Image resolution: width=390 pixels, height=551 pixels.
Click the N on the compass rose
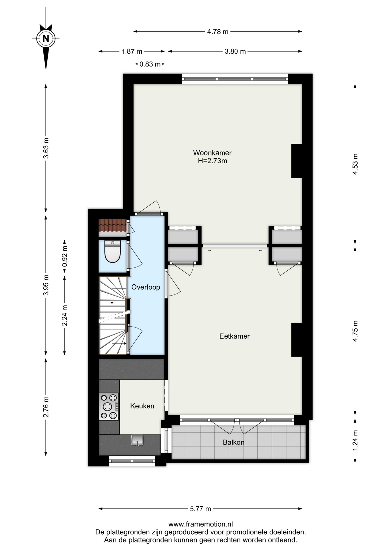[46, 38]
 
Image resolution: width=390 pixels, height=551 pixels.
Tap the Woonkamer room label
[212, 153]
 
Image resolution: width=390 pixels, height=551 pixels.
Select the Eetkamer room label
[234, 336]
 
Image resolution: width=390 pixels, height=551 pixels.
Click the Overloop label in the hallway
[146, 287]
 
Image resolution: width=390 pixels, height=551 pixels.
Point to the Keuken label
[142, 406]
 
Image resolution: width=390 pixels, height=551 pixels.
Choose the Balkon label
[233, 442]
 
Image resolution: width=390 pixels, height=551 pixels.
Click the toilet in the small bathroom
[112, 252]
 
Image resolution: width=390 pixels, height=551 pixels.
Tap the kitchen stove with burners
[109, 407]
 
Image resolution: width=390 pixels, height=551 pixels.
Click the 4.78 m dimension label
[218, 32]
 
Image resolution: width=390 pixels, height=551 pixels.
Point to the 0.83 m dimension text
[150, 64]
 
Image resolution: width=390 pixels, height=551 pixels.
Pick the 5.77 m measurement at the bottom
[200, 509]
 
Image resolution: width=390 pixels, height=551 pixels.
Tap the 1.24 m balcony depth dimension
[355, 441]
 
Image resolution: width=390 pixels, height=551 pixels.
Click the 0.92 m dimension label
[65, 256]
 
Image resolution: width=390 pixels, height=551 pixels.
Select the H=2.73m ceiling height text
[212, 161]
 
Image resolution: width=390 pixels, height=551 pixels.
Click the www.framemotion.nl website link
[200, 524]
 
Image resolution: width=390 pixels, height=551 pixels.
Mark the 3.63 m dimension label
[46, 148]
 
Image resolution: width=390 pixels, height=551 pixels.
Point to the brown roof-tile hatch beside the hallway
[113, 225]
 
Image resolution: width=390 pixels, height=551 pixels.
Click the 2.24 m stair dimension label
[65, 315]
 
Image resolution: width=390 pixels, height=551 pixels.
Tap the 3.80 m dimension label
[235, 51]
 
